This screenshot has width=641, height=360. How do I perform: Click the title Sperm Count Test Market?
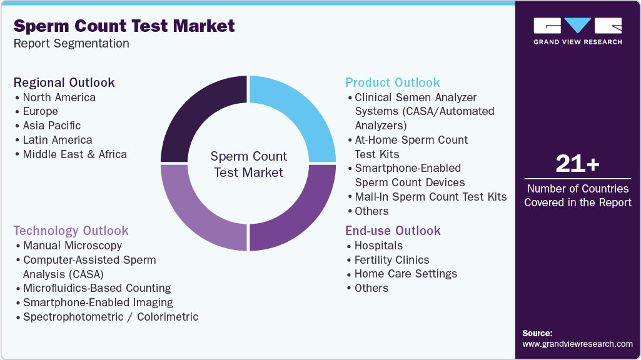pyautogui.click(x=124, y=26)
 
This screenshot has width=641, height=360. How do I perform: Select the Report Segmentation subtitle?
pyautogui.click(x=71, y=44)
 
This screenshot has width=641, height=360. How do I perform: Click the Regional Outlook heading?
pyautogui.click(x=64, y=82)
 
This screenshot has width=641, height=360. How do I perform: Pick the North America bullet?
pyautogui.click(x=59, y=97)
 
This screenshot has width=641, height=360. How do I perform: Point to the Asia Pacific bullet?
pyautogui.click(x=51, y=126)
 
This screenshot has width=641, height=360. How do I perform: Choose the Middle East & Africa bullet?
pyautogui.click(x=74, y=154)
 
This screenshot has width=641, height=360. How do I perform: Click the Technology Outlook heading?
pyautogui.click(x=71, y=231)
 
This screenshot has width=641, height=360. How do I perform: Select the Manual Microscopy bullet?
pyautogui.click(x=72, y=246)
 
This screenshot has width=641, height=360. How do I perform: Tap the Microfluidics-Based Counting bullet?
pyautogui.click(x=96, y=288)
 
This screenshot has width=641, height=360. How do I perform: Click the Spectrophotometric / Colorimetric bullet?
pyautogui.click(x=110, y=317)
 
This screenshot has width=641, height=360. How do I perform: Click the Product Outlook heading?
pyautogui.click(x=393, y=82)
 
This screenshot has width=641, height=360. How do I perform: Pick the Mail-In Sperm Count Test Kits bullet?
pyautogui.click(x=430, y=197)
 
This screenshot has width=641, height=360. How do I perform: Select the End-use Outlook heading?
pyautogui.click(x=393, y=231)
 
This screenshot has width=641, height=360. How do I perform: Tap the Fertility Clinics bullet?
pyautogui.click(x=391, y=260)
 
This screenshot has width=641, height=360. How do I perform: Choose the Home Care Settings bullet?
pyautogui.click(x=405, y=274)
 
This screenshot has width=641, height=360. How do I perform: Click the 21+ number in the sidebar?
pyautogui.click(x=577, y=164)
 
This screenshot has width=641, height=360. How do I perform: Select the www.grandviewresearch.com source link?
pyautogui.click(x=577, y=344)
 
